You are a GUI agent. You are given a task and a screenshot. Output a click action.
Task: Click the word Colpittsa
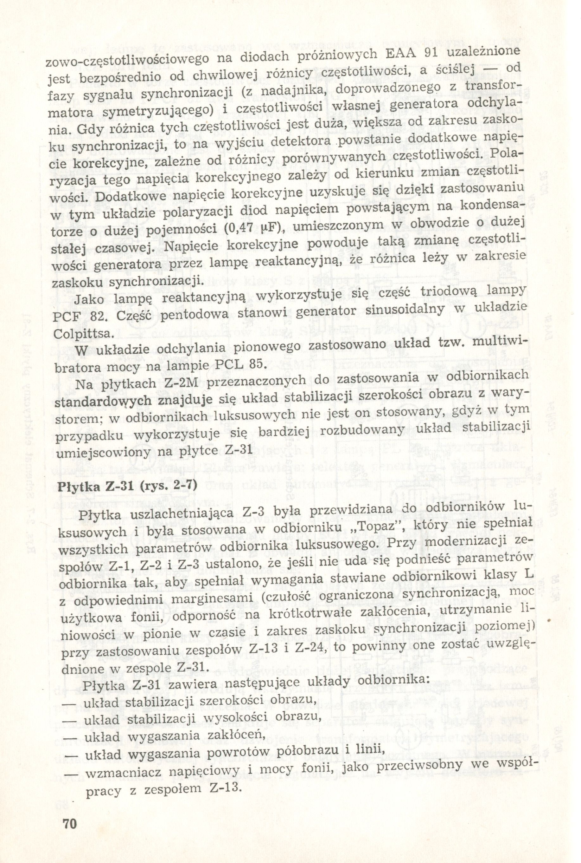[x=82, y=334]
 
